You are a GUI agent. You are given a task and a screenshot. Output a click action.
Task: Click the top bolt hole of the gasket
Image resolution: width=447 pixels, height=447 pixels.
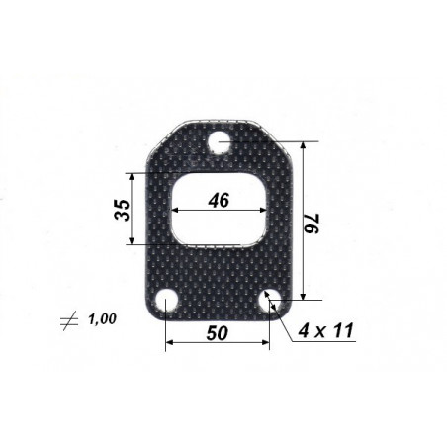pyautogui.click(x=219, y=142)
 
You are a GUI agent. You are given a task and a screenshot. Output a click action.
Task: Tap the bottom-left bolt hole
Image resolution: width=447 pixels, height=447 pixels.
pyautogui.click(x=167, y=302)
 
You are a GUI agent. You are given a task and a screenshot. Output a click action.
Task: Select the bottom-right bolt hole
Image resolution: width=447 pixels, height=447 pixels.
pyautogui.click(x=270, y=301)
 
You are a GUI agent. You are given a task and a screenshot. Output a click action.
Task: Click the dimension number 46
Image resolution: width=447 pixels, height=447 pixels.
pyautogui.click(x=219, y=200)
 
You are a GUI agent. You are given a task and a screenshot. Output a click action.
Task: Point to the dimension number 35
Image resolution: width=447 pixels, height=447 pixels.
pyautogui.click(x=122, y=210)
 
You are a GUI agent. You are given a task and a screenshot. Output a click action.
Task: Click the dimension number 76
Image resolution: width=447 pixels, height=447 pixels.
pyautogui.click(x=313, y=223)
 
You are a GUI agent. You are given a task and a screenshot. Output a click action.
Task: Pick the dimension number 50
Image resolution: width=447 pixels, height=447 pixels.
pyautogui.click(x=217, y=333)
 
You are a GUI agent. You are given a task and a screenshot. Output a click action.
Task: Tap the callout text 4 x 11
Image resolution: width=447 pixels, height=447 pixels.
pyautogui.click(x=326, y=330)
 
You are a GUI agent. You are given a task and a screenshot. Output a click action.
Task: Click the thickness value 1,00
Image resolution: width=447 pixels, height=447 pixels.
pyautogui.click(x=102, y=318)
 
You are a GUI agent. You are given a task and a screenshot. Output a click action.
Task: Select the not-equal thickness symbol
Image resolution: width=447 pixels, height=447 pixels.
pyautogui.click(x=69, y=320)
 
